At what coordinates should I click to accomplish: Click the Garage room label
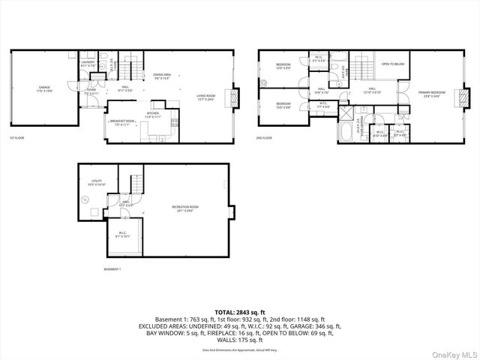44,88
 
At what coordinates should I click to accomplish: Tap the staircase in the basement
136,183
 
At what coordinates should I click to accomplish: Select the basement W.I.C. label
124,234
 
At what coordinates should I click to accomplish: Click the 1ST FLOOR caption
16,138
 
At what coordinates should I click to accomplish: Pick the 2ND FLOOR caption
264,138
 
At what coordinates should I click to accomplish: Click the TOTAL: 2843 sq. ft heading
239,311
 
